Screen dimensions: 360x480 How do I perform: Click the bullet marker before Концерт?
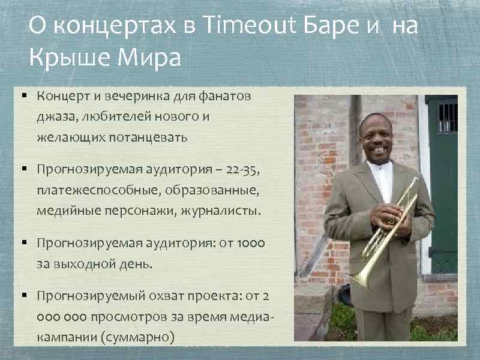[x=22, y=95]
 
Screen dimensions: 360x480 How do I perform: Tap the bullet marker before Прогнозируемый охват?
[x=22, y=296]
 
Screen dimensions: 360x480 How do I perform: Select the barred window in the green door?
[x=448, y=118]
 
